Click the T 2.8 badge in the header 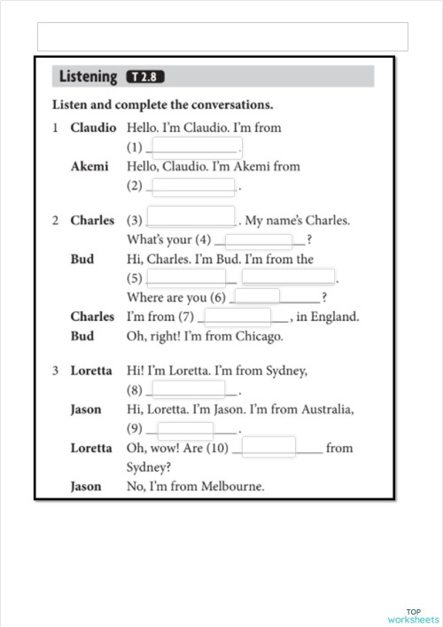coord(147,76)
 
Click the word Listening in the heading coord(88,77)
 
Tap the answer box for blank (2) coord(194,186)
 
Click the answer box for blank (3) coord(190,217)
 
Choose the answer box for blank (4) coord(259,239)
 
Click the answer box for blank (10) coord(268,447)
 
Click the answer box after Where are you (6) coord(258,296)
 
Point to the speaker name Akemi coord(89,166)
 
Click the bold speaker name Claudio coord(93,128)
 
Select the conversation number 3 coord(54,370)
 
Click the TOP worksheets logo coord(413,615)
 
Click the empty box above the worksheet coord(222,36)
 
